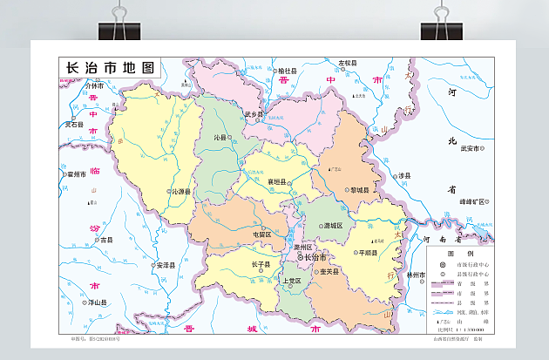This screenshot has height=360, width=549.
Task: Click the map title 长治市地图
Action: coord(110,68)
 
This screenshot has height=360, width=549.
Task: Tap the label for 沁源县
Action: coord(180,191)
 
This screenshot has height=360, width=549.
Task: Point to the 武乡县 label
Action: coord(254,114)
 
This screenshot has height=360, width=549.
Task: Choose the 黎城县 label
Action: coord(359,190)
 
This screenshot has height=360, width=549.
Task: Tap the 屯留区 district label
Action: coord(261,234)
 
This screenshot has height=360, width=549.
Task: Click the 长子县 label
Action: coord(261,264)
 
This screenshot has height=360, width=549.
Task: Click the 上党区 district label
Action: coord(290,281)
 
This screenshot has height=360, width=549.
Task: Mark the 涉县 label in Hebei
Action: coord(403,175)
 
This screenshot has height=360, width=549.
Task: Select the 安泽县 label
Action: coord(165,265)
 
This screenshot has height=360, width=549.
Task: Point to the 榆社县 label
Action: coord(288,70)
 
